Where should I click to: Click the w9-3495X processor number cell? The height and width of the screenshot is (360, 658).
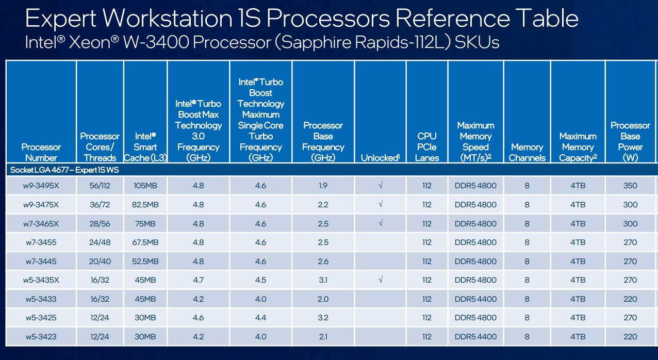[x=41, y=186]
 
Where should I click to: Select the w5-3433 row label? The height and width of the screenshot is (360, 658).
[x=41, y=299]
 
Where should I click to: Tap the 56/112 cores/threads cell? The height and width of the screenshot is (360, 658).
[x=100, y=186]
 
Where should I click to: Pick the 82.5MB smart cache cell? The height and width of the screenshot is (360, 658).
[x=145, y=205]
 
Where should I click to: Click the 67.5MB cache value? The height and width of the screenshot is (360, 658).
[x=145, y=242]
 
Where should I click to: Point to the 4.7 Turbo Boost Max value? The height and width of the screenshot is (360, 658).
[x=198, y=280]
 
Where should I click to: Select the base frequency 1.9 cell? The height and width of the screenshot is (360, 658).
[x=323, y=186]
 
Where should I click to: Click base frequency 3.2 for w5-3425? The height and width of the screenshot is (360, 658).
[x=323, y=318]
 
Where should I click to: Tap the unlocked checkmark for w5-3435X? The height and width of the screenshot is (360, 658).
[x=380, y=280]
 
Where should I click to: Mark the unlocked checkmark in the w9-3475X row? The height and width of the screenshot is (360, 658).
[x=380, y=205]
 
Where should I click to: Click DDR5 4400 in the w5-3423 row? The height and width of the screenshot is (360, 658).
[x=475, y=337]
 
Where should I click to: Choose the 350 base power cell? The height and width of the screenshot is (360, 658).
[x=630, y=186]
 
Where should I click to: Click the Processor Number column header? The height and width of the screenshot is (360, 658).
[x=41, y=153]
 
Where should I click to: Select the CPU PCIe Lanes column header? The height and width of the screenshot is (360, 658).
[x=427, y=147]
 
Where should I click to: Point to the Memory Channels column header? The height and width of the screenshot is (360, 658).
[x=527, y=153]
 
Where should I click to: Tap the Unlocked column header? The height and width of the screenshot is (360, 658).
[x=380, y=158]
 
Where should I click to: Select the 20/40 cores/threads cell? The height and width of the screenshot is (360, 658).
[x=100, y=261]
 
